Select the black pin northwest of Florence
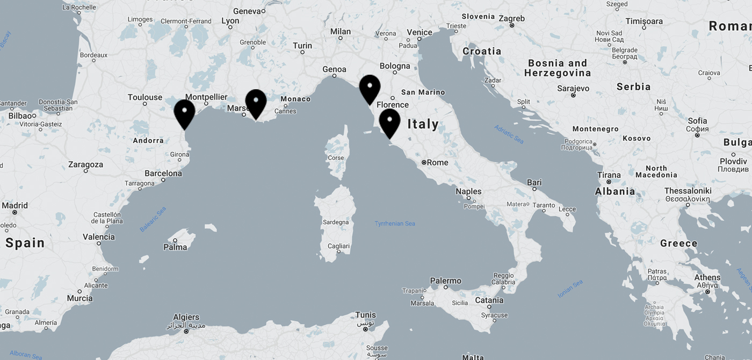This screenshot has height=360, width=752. (x=370, y=89)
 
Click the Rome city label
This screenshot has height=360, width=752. (x=437, y=162)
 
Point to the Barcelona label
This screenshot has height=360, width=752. (x=163, y=173)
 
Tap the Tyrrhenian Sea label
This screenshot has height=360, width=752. (x=395, y=224)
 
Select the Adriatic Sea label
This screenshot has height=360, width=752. (x=509, y=134)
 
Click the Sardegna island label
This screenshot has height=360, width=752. (x=336, y=222)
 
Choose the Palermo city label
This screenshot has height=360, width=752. (x=445, y=280)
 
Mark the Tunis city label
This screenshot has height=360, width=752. (x=365, y=315)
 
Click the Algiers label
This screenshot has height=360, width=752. (x=186, y=317)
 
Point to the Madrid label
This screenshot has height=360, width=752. (x=15, y=205)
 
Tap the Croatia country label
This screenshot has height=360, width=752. (x=482, y=51)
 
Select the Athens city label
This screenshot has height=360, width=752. (x=707, y=278)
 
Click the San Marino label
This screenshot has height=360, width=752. (x=423, y=92)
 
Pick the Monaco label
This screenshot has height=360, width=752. (x=295, y=99)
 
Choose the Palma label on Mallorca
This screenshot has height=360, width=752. (x=175, y=247)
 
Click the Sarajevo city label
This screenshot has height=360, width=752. (x=573, y=88)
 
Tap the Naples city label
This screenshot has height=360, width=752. (x=468, y=191)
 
